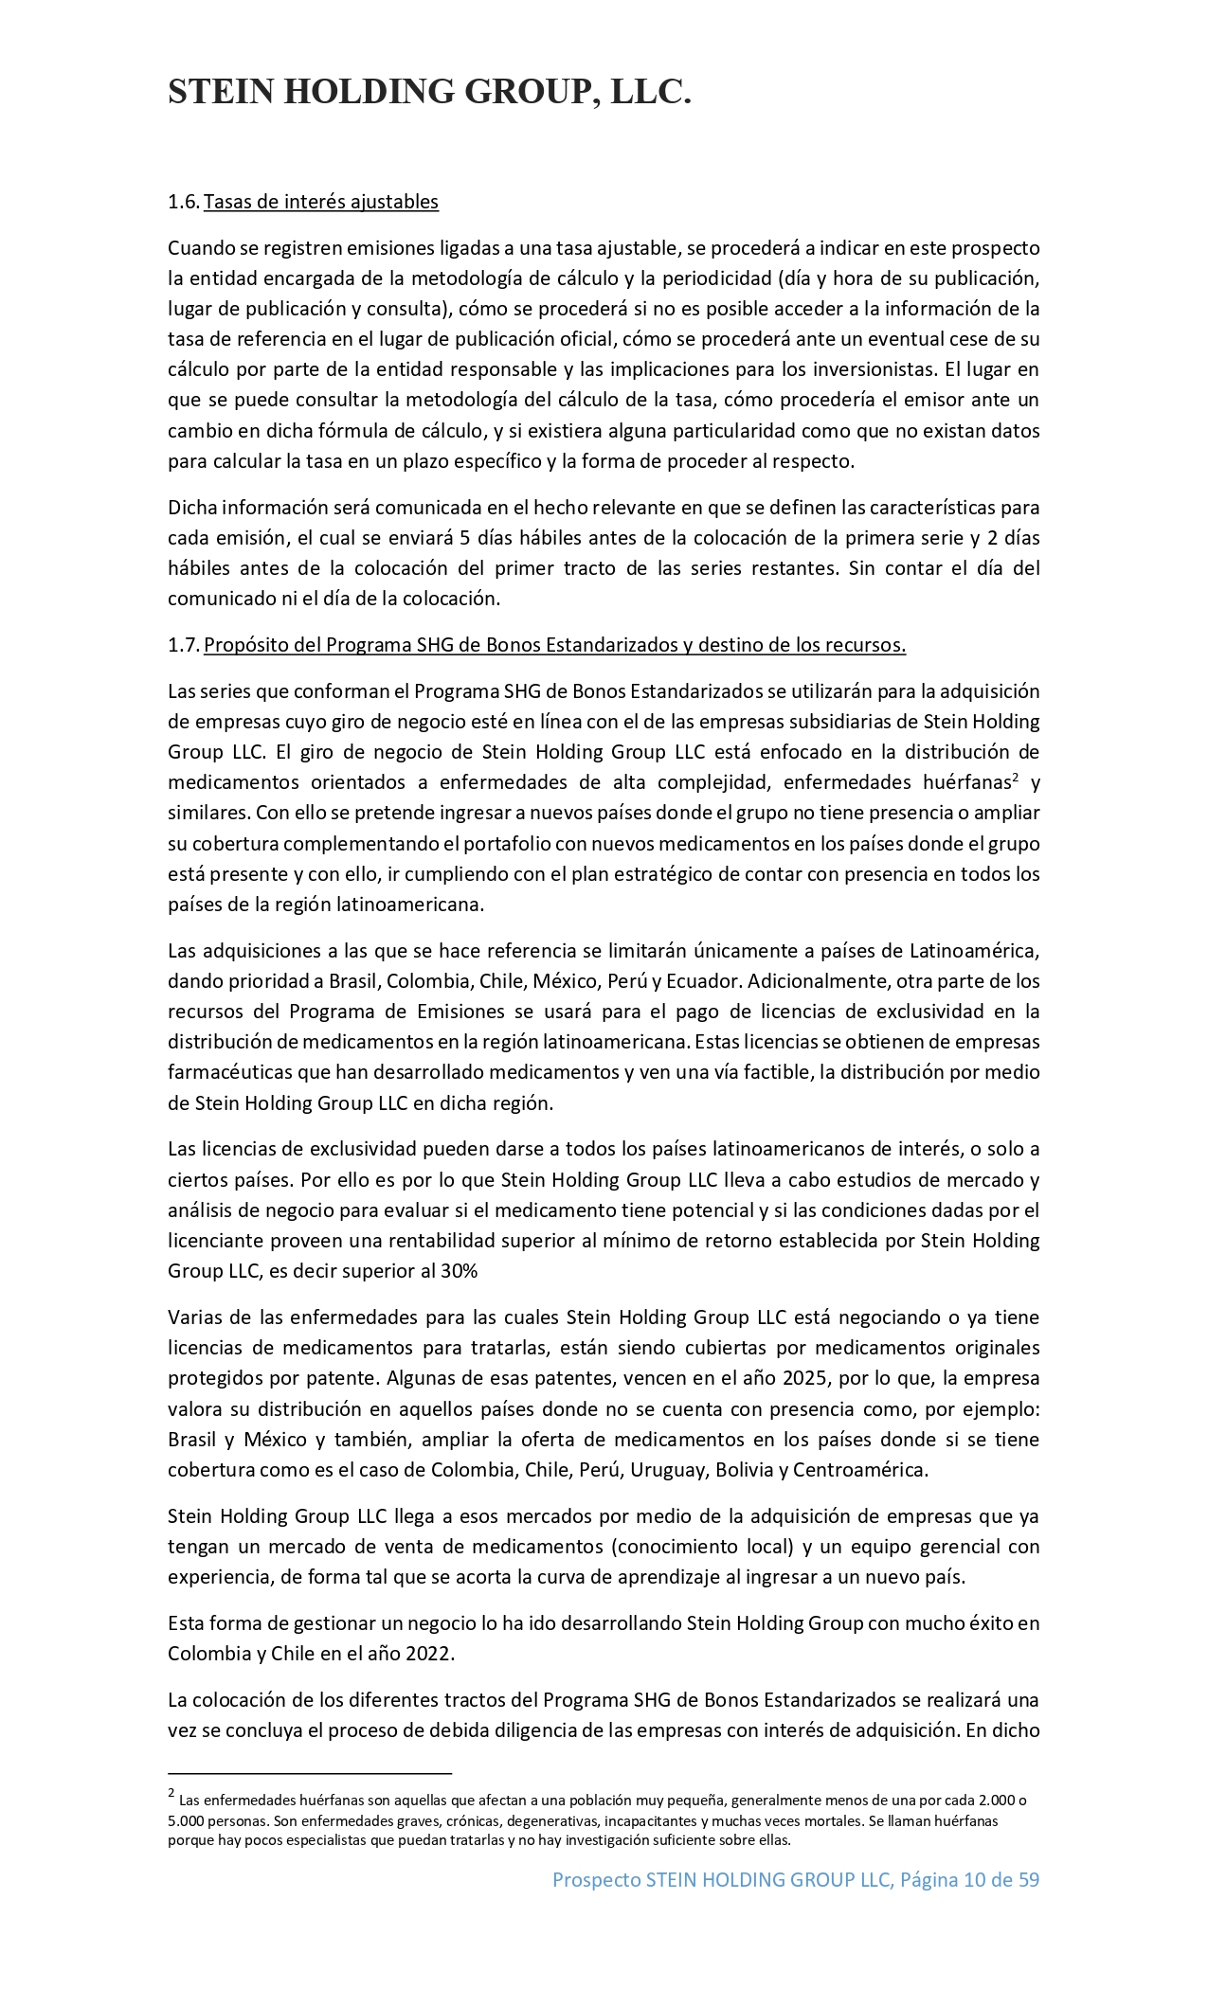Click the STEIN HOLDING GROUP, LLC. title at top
(429, 92)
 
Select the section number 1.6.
(183, 202)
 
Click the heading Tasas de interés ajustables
(321, 202)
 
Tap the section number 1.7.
(183, 645)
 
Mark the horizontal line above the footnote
(310, 1772)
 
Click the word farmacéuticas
(228, 1072)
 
